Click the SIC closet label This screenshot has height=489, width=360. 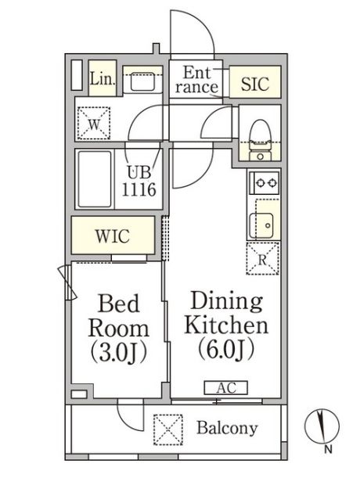pyautogui.click(x=255, y=83)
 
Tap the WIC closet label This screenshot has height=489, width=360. pyautogui.click(x=113, y=236)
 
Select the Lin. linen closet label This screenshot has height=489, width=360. pyautogui.click(x=103, y=78)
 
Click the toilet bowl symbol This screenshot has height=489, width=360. pyautogui.click(x=260, y=134)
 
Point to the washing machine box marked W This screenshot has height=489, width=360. pyautogui.click(x=94, y=123)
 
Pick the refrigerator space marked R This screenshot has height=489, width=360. pyautogui.click(x=262, y=258)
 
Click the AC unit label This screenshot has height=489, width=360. pyautogui.click(x=226, y=387)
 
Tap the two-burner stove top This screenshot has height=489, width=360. pyautogui.click(x=264, y=182)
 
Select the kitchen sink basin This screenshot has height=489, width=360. pyautogui.click(x=261, y=225)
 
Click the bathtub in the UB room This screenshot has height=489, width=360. pyautogui.click(x=95, y=179)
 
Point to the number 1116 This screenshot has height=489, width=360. pyautogui.click(x=139, y=189)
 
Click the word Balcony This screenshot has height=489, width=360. pyautogui.click(x=227, y=428)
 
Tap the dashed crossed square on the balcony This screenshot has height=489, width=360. pyautogui.click(x=168, y=430)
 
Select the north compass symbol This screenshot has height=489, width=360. pyautogui.click(x=322, y=425)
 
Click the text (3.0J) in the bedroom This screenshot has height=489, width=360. pyautogui.click(x=118, y=354)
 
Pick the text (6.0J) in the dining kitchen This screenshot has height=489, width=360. pyautogui.click(x=226, y=350)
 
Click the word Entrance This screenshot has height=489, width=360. pyautogui.click(x=196, y=80)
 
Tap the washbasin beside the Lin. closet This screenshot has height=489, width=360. pyautogui.click(x=142, y=81)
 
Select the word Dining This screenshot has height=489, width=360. pyautogui.click(x=226, y=301)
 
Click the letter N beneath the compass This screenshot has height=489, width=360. pyautogui.click(x=328, y=449)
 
